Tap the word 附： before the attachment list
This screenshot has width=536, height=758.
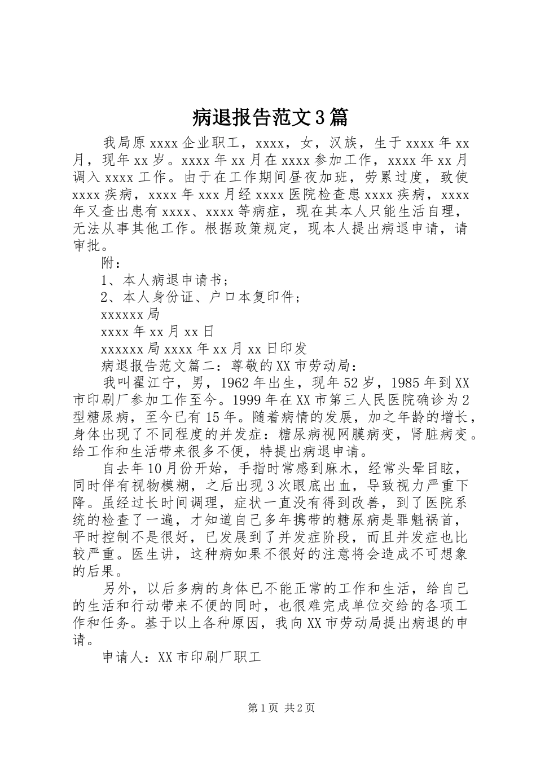tap(111, 262)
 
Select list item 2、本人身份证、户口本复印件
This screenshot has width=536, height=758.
tap(200, 297)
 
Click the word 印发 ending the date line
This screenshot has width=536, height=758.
tap(292, 349)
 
